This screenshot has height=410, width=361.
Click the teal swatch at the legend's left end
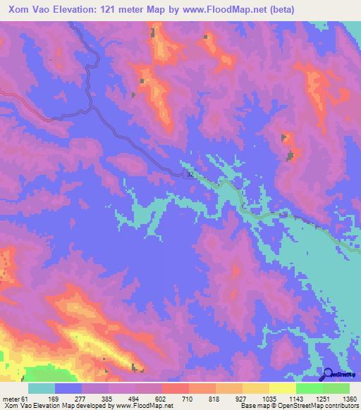tap(42, 388)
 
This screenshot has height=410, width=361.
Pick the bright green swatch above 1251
tap(310, 388)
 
